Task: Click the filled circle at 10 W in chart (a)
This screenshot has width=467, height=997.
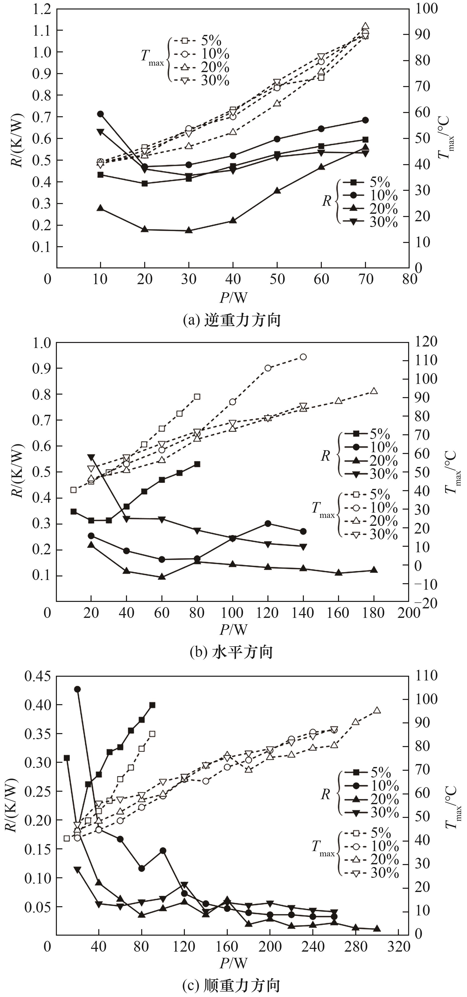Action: [100, 114]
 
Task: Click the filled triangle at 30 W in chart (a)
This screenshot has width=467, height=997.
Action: [189, 230]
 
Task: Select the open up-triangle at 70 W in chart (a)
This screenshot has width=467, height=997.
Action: [365, 26]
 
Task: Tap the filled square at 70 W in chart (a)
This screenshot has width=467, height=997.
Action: [365, 139]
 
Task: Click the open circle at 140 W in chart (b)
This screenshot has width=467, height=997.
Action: [303, 357]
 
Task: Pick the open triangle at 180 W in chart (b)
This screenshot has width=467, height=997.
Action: [374, 391]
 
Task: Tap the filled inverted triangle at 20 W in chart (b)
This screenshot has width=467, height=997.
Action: [91, 457]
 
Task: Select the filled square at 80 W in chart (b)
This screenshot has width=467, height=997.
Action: [197, 464]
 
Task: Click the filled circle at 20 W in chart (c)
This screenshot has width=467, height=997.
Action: [77, 689]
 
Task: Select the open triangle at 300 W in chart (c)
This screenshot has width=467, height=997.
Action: [377, 710]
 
